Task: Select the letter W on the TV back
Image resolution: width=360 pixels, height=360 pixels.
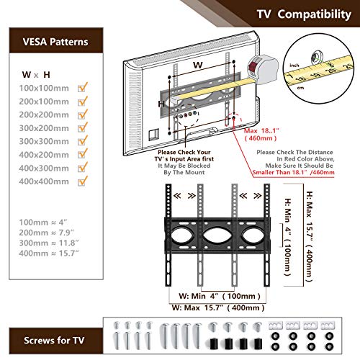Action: [196, 65]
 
